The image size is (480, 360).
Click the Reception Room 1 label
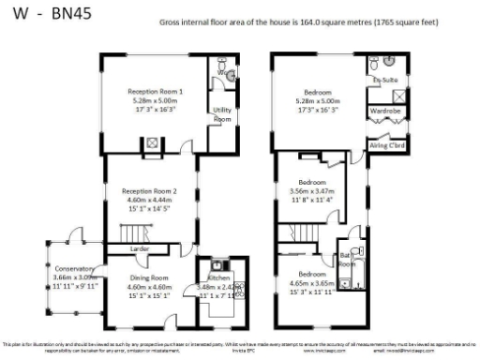pos(155,91)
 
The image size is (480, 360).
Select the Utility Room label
pos(222,114)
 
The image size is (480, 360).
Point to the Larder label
pos(141,248)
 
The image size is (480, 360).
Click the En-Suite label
pos(382,82)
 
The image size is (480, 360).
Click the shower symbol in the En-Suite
pos(397,95)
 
